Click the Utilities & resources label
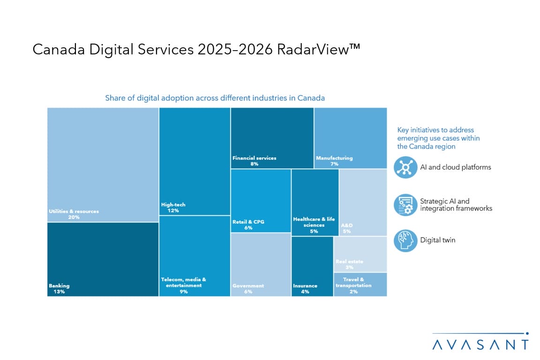tap(74, 211)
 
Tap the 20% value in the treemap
tap(74, 217)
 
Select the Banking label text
tap(59, 285)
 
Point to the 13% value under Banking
tap(59, 292)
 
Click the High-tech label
tap(170, 204)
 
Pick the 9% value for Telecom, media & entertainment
tap(183, 292)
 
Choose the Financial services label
tap(255, 158)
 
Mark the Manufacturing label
tap(334, 158)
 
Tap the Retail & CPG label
tap(248, 222)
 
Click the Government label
tap(248, 285)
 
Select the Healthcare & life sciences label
tap(314, 222)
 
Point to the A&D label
tap(347, 225)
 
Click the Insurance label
tap(305, 285)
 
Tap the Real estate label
tap(349, 262)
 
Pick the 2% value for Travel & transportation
tap(353, 292)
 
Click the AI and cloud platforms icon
tap(405, 167)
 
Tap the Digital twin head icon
tap(405, 240)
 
